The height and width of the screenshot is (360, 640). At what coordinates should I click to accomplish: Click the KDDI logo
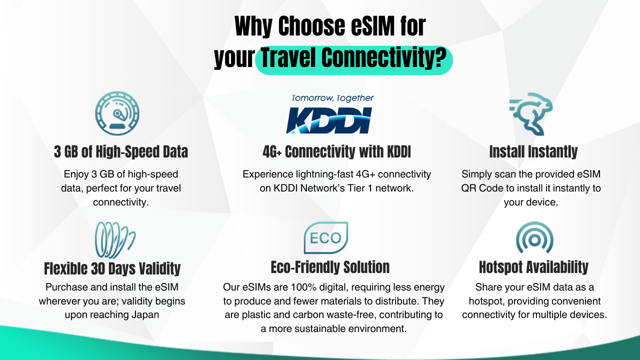click(329, 120)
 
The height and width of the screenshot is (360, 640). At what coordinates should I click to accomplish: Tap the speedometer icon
click(117, 113)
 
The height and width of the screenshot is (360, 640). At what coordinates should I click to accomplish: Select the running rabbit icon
click(531, 113)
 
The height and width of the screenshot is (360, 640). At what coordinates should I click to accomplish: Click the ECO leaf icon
click(326, 237)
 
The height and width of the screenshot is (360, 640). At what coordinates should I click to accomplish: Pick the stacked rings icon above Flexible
click(115, 240)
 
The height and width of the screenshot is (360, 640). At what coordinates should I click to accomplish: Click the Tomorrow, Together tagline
click(332, 98)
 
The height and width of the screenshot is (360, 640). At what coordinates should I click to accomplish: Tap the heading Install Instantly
click(533, 151)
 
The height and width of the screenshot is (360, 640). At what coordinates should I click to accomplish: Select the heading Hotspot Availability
click(533, 267)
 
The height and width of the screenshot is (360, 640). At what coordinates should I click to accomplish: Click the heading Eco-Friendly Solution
click(330, 267)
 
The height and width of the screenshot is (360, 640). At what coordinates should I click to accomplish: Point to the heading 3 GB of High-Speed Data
click(121, 151)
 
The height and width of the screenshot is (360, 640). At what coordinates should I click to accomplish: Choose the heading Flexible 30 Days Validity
click(112, 268)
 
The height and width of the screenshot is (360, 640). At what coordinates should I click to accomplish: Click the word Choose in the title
click(311, 26)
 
